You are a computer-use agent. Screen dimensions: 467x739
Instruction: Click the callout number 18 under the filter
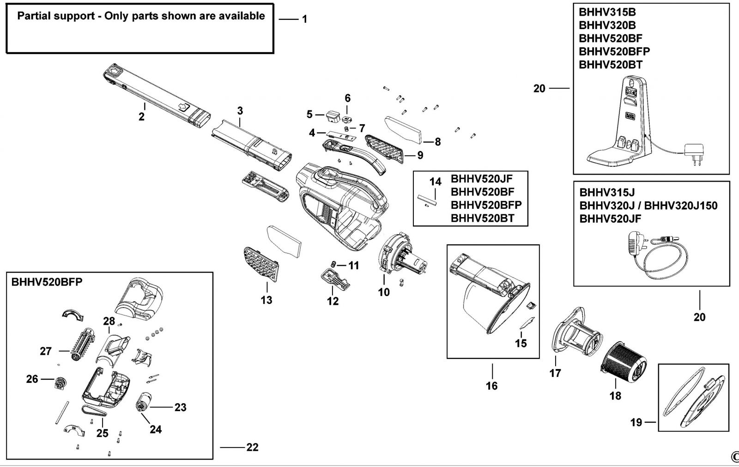(615, 396)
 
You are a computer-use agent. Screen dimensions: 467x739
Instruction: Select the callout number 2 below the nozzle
(141, 117)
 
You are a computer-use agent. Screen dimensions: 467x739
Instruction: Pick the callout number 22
(252, 447)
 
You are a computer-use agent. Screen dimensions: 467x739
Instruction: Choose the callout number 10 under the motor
(384, 292)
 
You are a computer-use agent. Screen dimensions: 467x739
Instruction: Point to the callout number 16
(491, 385)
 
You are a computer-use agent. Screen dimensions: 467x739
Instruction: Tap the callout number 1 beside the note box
(304, 19)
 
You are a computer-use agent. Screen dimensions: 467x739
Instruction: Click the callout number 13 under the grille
(266, 300)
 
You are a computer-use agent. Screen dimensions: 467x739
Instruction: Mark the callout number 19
(636, 422)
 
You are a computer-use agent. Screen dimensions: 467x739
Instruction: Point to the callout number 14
(435, 182)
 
